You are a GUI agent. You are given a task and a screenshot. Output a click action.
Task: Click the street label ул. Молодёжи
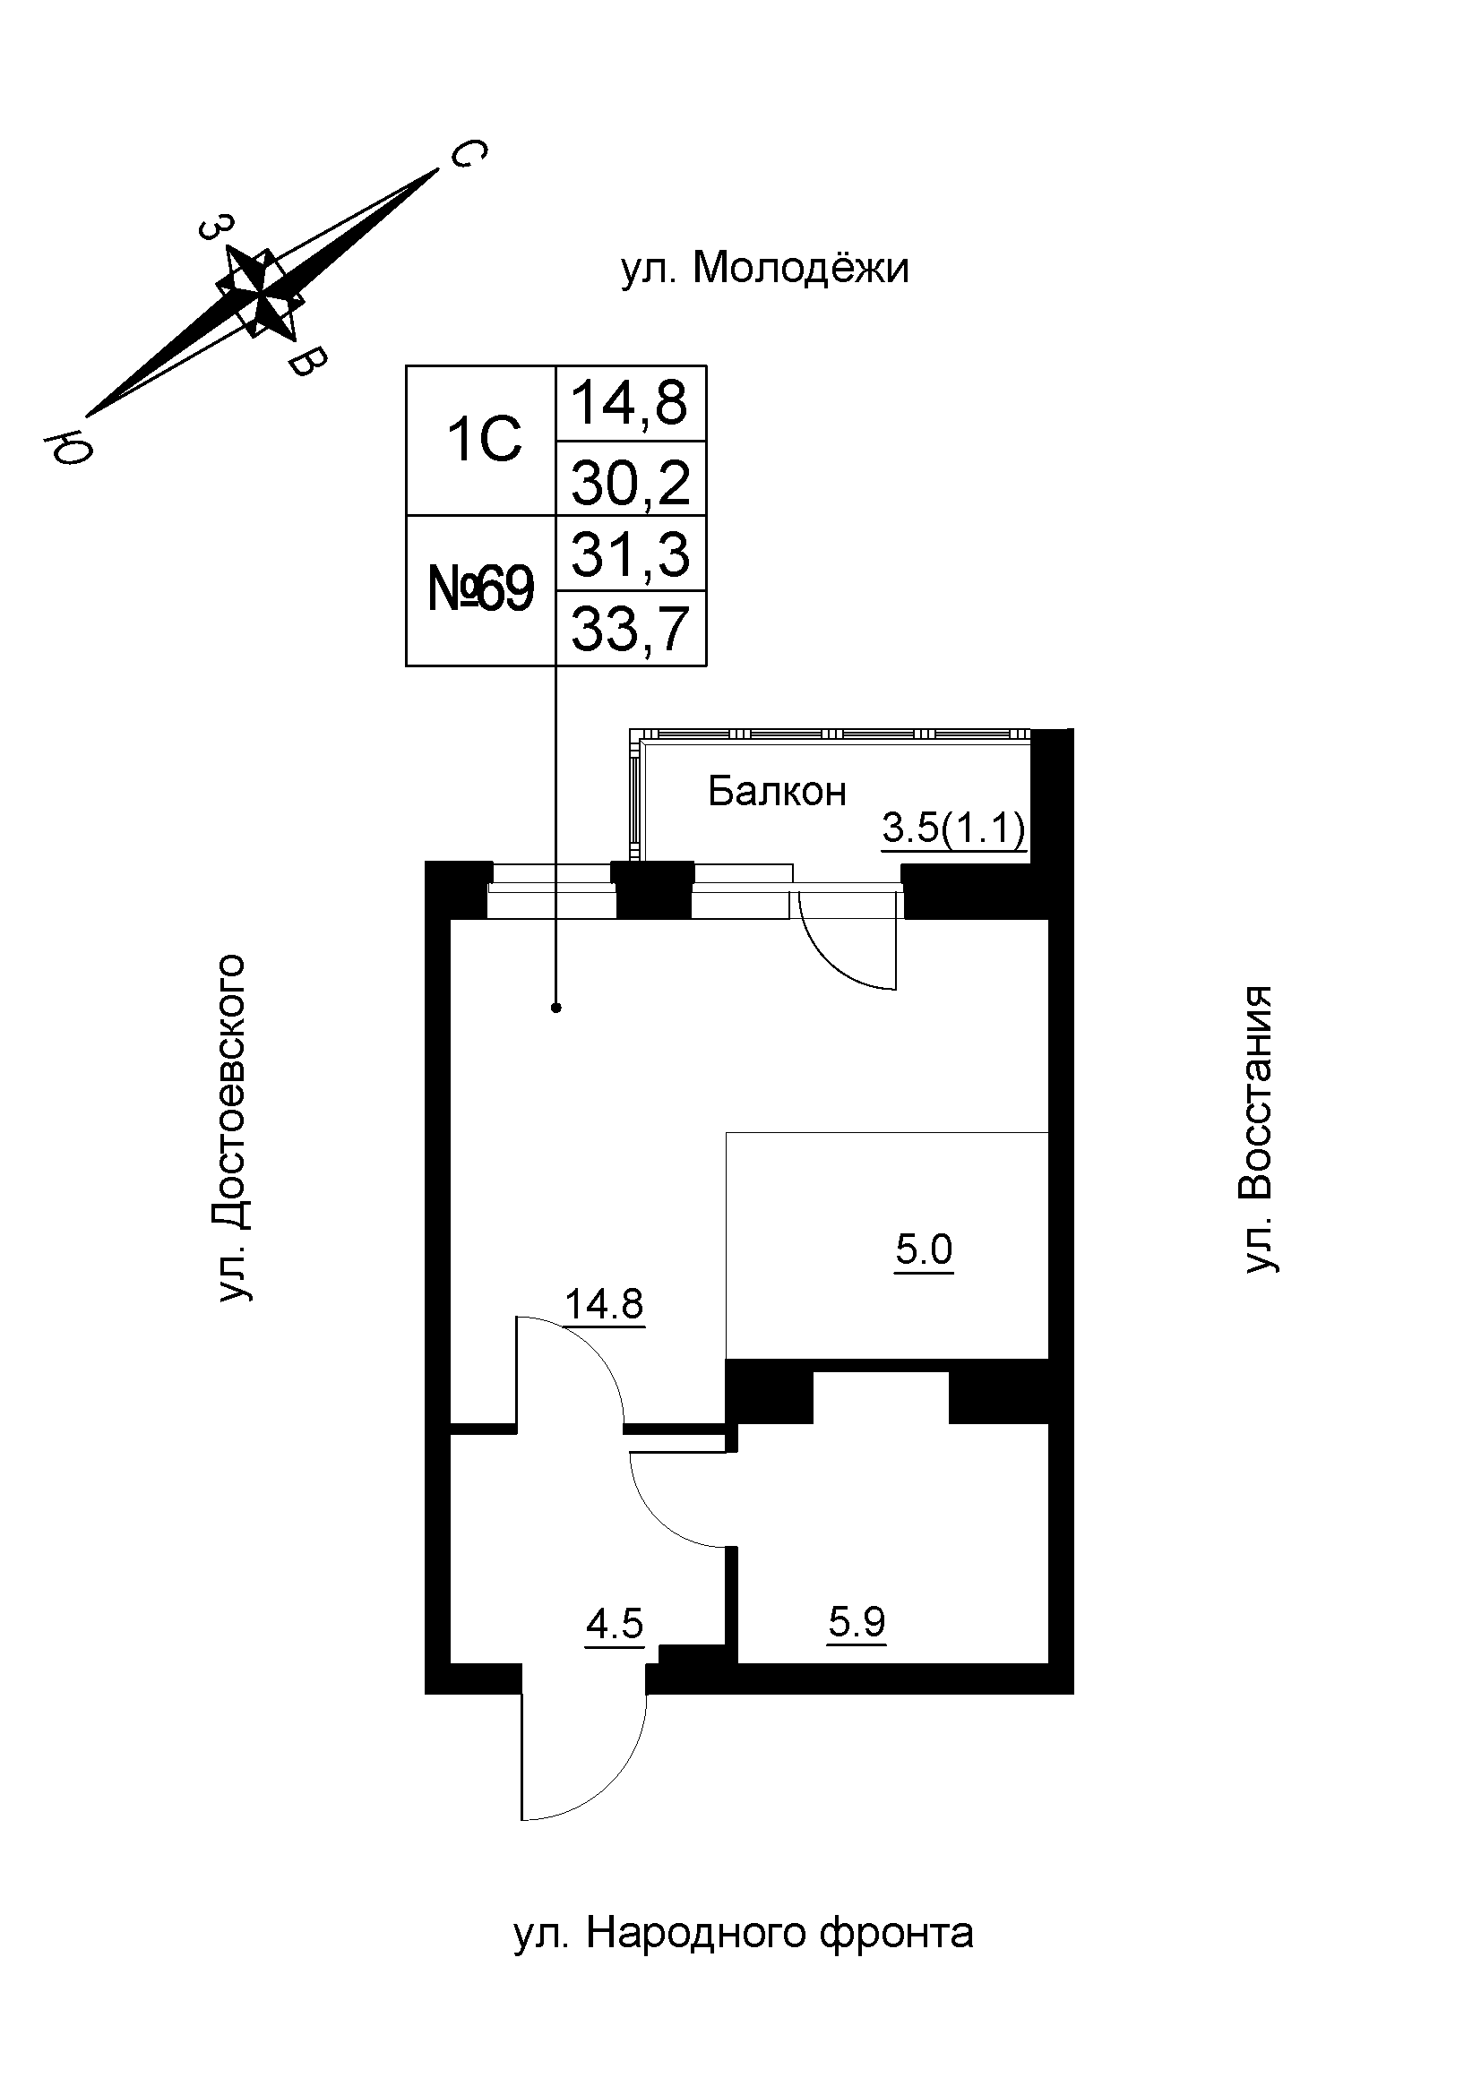coord(764,269)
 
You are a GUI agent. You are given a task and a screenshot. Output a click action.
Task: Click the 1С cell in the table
coord(483,441)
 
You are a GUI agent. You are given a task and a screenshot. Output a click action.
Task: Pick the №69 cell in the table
coord(481,590)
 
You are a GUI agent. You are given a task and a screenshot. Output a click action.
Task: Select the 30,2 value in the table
coord(631,483)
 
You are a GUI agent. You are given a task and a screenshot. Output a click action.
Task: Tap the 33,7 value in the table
coord(631,630)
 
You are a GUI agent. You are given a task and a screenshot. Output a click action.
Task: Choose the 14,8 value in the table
coord(631,403)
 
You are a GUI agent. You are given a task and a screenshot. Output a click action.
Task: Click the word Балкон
coord(777,792)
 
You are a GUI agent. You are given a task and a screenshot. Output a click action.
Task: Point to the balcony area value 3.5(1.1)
coord(953,829)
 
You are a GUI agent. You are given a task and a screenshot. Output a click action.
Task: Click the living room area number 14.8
coord(604,1304)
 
